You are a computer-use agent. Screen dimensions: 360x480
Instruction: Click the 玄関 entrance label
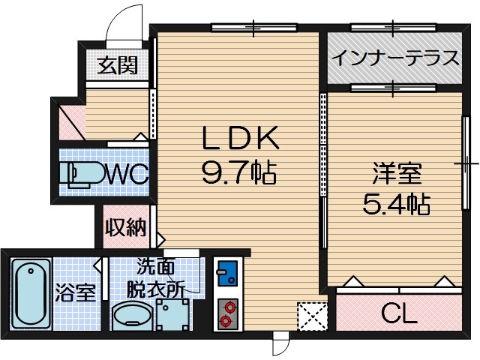(x=118, y=65)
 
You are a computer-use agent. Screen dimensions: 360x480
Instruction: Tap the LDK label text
(x=240, y=139)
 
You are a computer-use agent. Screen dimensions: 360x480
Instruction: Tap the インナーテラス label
(x=394, y=57)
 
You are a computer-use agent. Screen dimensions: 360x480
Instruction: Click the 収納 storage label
(x=124, y=227)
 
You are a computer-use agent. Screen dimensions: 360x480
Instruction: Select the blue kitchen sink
(x=226, y=270)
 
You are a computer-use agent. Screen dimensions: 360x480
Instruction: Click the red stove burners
(x=226, y=313)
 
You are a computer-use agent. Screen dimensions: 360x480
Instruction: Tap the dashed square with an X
(x=313, y=316)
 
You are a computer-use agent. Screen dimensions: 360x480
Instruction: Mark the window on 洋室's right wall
(x=466, y=162)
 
